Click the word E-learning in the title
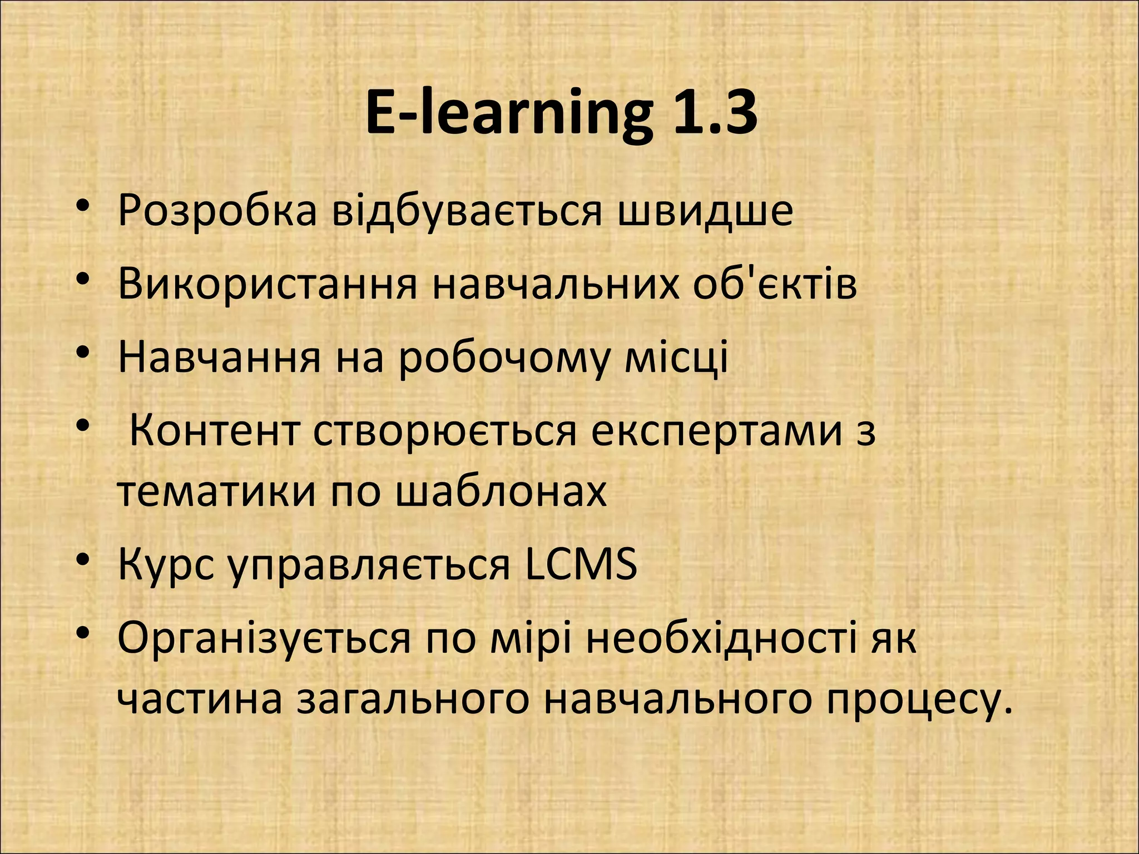coord(508,113)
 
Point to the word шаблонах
coord(501,491)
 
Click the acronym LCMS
coord(581,565)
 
